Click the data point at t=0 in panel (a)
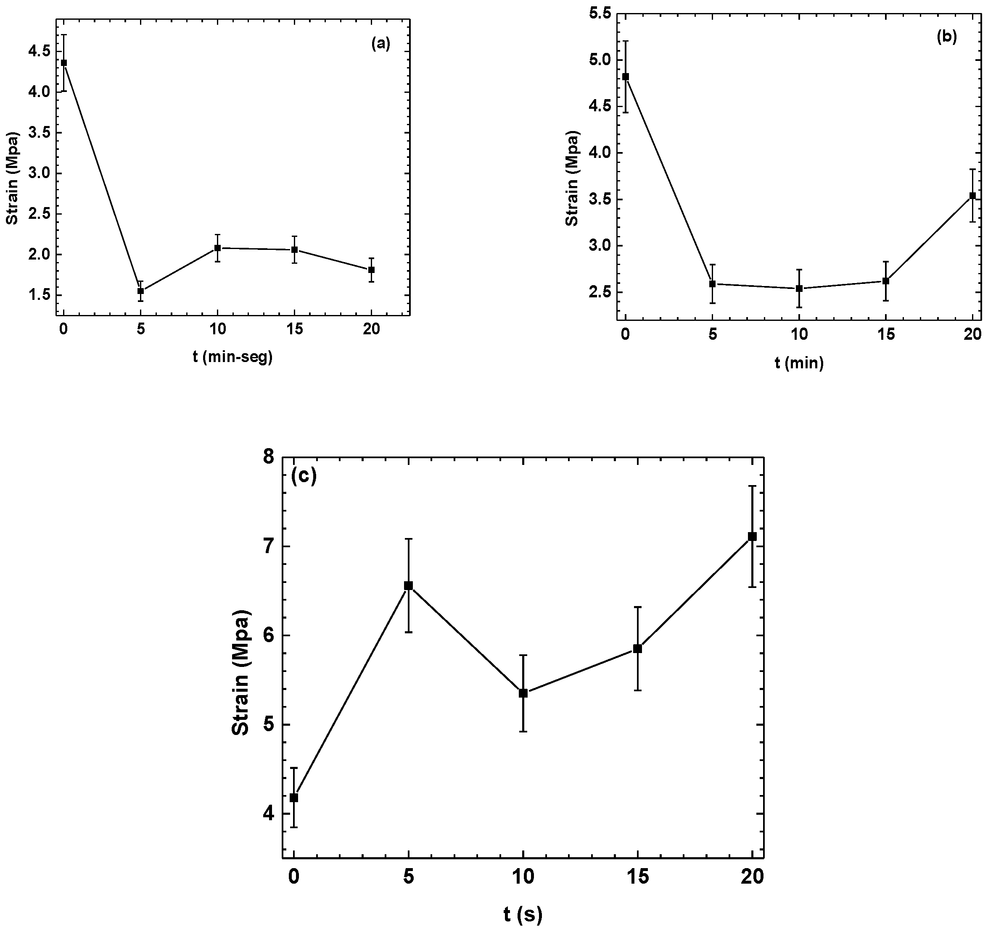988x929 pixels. pos(63,63)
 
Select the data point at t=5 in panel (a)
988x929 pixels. pos(141,291)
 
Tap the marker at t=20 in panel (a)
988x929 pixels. pos(371,270)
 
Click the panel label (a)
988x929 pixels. pos(380,44)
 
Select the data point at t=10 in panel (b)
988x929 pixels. pos(799,289)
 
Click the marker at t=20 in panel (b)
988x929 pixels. pos(972,196)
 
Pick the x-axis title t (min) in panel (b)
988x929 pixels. pos(799,363)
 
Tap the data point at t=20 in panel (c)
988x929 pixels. pos(753,536)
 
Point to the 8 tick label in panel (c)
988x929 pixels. pos(269,457)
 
